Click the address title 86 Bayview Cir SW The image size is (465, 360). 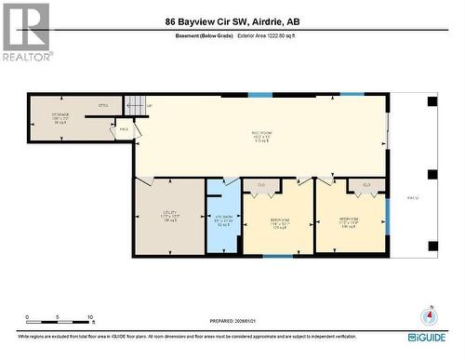[232, 20]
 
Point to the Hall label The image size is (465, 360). [124, 130]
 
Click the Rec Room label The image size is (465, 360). [259, 134]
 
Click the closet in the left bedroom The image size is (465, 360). [261, 185]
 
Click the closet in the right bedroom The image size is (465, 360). [366, 185]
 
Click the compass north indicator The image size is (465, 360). [430, 314]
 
